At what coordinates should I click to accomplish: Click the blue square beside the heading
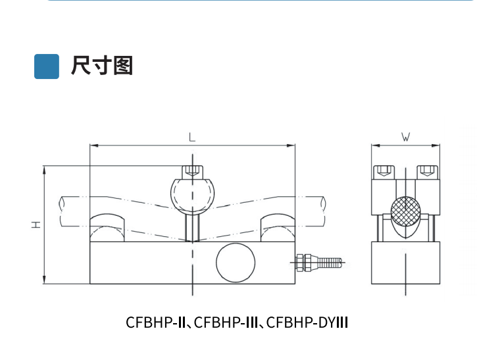coord(47,66)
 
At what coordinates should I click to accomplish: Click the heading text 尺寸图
coord(102,66)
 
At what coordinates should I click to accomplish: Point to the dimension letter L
coord(191,138)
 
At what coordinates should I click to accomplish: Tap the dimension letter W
coord(406,138)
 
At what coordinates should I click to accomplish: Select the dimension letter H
coord(35,225)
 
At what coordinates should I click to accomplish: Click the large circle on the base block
coord(236,263)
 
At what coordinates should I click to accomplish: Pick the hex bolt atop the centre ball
coord(192,170)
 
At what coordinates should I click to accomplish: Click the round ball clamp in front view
coord(192,192)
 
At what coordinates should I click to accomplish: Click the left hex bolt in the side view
coord(383,172)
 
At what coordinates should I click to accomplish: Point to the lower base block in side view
coord(406,263)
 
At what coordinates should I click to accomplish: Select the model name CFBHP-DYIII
coord(307,323)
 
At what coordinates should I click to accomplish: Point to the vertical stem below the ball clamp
coord(192,225)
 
